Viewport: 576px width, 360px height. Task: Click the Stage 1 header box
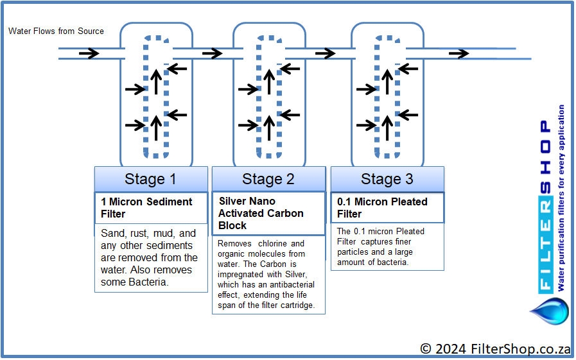click(x=151, y=179)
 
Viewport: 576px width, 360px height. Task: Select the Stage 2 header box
click(x=268, y=179)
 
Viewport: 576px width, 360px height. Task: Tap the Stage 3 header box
click(x=387, y=179)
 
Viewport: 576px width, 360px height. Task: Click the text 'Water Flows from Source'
click(x=57, y=31)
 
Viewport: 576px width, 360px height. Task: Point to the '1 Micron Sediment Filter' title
click(x=146, y=208)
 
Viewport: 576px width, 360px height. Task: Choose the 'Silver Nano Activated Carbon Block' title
click(x=261, y=213)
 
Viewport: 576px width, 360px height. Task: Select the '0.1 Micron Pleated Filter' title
click(x=382, y=208)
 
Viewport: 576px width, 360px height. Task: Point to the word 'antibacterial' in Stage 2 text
click(x=292, y=284)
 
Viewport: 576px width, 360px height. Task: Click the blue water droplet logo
click(x=550, y=311)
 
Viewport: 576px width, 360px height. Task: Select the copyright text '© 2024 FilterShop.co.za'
click(x=495, y=348)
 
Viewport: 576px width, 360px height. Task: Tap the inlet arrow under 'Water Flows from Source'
click(x=89, y=53)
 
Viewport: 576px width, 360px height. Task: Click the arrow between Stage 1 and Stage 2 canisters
click(x=213, y=53)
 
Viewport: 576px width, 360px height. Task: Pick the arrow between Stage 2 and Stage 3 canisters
click(x=325, y=53)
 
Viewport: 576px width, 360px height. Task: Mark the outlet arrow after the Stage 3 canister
click(x=459, y=54)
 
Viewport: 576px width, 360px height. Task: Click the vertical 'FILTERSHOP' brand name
click(x=546, y=206)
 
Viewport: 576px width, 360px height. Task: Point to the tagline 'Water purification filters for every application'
click(x=561, y=198)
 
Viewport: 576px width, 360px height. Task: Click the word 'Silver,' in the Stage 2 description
click(x=296, y=274)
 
